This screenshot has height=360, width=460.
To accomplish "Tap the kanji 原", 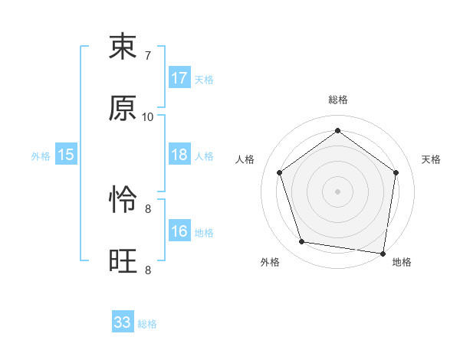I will pyautogui.click(x=123, y=109).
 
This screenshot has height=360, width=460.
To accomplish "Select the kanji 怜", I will pyautogui.click(x=123, y=201).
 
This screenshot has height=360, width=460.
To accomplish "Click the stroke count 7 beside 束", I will pyautogui.click(x=147, y=56).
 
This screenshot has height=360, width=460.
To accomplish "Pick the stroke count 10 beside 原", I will pyautogui.click(x=148, y=117).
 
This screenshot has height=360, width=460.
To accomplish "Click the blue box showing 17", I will pyautogui.click(x=179, y=78).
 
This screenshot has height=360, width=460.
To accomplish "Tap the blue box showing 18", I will pyautogui.click(x=179, y=155).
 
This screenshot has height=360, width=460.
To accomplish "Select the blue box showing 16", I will pyautogui.click(x=179, y=231).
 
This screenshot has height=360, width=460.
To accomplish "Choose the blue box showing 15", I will pyautogui.click(x=66, y=155).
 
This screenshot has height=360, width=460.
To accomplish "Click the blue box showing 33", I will pyautogui.click(x=123, y=322).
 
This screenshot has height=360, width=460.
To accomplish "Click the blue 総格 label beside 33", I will pyautogui.click(x=148, y=324).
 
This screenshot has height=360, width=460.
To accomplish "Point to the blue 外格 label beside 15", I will pyautogui.click(x=41, y=156).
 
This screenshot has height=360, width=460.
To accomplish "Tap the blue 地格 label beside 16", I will pyautogui.click(x=204, y=233).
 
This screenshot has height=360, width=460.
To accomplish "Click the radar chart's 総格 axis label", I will pyautogui.click(x=337, y=100).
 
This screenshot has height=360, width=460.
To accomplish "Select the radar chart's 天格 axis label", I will pyautogui.click(x=432, y=159).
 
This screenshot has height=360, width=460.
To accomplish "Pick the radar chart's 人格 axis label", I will pyautogui.click(x=245, y=159).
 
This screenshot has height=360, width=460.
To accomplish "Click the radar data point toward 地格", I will pyautogui.click(x=383, y=253).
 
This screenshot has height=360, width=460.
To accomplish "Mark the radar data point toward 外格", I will pyautogui.click(x=302, y=242).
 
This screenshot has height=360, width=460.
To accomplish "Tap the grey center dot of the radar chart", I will pyautogui.click(x=337, y=191).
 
